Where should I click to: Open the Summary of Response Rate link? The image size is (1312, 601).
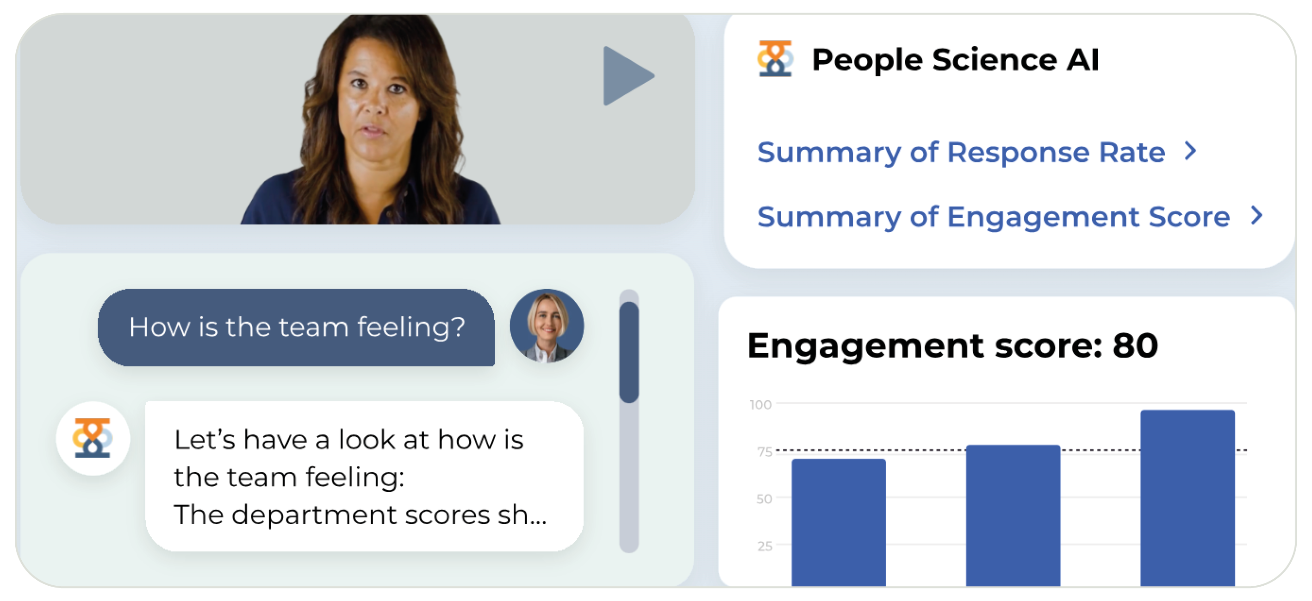pyautogui.click(x=961, y=152)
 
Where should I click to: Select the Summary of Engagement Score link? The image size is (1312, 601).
pyautogui.click(x=993, y=217)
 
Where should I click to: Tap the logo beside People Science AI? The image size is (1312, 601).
pyautogui.click(x=775, y=59)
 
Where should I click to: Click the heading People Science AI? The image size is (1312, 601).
pyautogui.click(x=955, y=60)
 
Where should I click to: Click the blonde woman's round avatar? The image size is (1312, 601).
pyautogui.click(x=547, y=326)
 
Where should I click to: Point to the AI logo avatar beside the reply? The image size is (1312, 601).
pyautogui.click(x=93, y=438)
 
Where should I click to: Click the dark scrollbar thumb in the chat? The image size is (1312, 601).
pyautogui.click(x=629, y=352)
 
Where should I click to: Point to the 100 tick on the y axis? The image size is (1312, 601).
pyautogui.click(x=760, y=404)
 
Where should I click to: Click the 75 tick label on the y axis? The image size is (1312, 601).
pyautogui.click(x=765, y=452)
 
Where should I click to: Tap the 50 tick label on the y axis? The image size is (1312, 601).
pyautogui.click(x=764, y=499)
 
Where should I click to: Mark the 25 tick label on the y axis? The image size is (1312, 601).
pyautogui.click(x=765, y=546)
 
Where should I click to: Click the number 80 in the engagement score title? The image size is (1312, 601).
pyautogui.click(x=1135, y=346)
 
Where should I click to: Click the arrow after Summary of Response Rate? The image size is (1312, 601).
pyautogui.click(x=1190, y=151)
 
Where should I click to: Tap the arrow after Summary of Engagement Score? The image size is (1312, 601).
pyautogui.click(x=1256, y=216)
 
